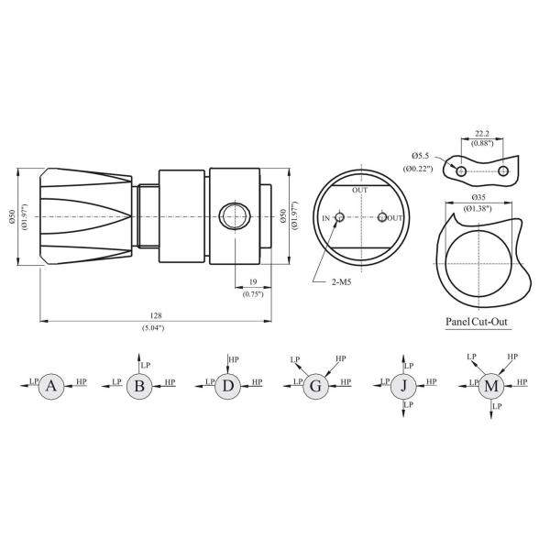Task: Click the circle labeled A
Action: (51, 386)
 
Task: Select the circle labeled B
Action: (139, 386)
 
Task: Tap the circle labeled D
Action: (228, 386)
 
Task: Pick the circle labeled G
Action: (315, 386)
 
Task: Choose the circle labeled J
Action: (403, 386)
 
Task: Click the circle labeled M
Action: (492, 386)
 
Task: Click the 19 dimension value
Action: (252, 282)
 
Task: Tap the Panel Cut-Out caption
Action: (477, 322)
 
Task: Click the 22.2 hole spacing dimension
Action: (483, 132)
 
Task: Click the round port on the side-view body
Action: (233, 218)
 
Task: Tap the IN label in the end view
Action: (325, 218)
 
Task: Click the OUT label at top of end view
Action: (360, 190)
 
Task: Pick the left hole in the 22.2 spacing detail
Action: (461, 171)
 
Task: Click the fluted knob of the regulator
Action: (87, 217)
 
